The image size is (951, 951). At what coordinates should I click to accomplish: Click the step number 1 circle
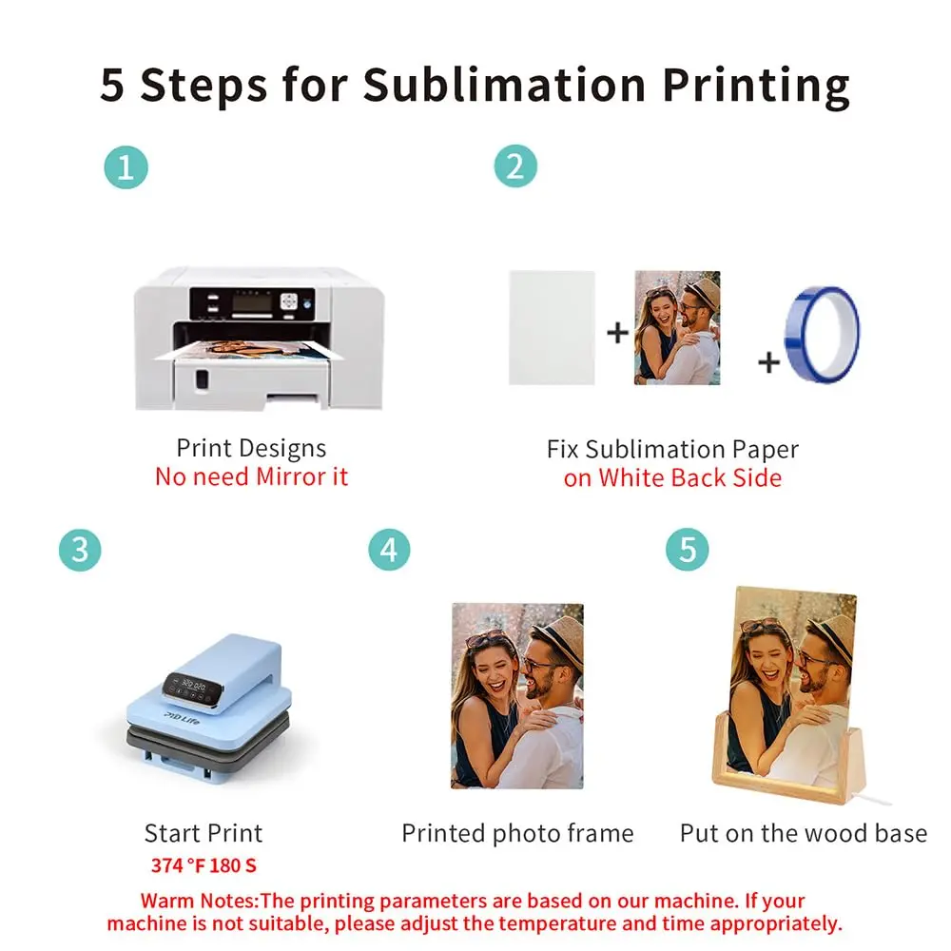click(126, 167)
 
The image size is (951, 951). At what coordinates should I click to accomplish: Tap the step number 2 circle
click(515, 166)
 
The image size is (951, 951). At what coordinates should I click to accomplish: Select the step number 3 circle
click(80, 550)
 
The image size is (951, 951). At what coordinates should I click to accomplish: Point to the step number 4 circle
click(389, 550)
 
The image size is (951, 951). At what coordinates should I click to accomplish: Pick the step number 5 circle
click(688, 550)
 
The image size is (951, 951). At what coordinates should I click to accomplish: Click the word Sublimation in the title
click(505, 84)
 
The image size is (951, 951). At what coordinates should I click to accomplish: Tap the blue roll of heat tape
click(822, 335)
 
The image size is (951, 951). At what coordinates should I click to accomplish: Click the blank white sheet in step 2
click(552, 327)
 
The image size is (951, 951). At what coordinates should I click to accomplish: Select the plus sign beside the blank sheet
click(617, 332)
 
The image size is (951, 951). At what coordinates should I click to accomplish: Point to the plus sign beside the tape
click(769, 362)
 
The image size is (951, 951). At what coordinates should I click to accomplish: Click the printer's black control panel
click(252, 303)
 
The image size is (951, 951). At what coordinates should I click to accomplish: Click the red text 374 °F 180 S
click(204, 864)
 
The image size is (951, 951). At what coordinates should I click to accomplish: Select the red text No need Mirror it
click(252, 476)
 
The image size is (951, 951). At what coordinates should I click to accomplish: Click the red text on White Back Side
click(672, 478)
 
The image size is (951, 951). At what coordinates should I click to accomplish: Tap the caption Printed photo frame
click(517, 833)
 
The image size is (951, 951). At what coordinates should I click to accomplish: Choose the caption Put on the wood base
click(804, 833)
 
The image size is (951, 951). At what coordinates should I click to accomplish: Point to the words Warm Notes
click(200, 901)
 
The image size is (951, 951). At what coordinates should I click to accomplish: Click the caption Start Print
click(204, 833)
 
